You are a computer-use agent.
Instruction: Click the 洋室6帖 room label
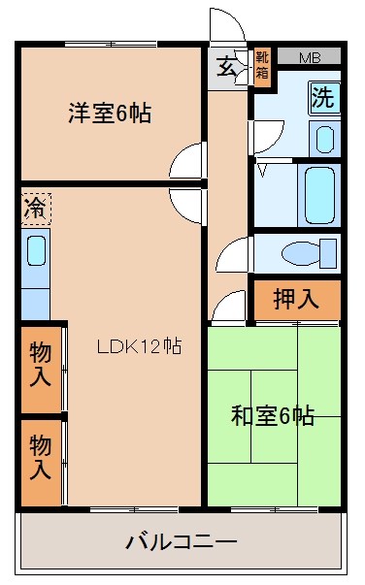pyautogui.click(x=110, y=114)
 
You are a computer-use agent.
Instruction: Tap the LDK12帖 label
pyautogui.click(x=140, y=345)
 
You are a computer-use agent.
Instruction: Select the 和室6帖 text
pyautogui.click(x=273, y=415)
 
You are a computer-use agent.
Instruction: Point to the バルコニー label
pyautogui.click(x=182, y=542)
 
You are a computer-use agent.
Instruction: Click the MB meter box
pyautogui.click(x=310, y=56)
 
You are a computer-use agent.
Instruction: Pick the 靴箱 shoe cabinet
pyautogui.click(x=262, y=66)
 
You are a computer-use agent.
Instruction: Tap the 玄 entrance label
pyautogui.click(x=226, y=67)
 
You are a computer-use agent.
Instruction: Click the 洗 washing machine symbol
pyautogui.click(x=324, y=98)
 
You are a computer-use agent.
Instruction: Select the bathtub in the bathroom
pyautogui.click(x=319, y=195)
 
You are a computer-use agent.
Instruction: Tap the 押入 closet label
pyautogui.click(x=296, y=299)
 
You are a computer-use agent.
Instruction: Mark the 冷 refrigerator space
pyautogui.click(x=36, y=209)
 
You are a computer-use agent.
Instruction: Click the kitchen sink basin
pyautogui.click(x=37, y=250)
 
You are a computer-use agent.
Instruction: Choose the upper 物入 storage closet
pyautogui.click(x=41, y=370)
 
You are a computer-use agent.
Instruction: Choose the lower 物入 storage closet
pyautogui.click(x=41, y=463)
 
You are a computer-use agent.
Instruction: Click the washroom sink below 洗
pyautogui.click(x=324, y=140)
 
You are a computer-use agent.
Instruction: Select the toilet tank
pyautogui.click(x=328, y=254)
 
